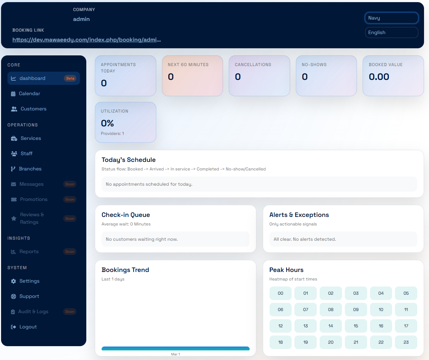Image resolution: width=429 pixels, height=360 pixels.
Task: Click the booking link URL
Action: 87,40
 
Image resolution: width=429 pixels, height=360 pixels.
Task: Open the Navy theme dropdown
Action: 391,18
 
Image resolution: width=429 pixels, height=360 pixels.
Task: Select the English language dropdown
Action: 391,33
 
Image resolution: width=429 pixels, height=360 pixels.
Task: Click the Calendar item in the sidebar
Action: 29,94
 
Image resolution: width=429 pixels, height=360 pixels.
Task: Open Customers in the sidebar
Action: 33,109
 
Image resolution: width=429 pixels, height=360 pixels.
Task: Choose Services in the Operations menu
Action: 31,138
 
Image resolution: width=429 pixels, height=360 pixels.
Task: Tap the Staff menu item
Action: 26,154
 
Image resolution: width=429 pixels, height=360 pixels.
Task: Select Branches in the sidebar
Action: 30,169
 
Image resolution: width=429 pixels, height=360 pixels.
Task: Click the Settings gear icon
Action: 13,281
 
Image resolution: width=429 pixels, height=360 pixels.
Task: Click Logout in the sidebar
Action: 28,327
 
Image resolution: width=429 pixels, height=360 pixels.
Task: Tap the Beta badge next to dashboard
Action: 70,78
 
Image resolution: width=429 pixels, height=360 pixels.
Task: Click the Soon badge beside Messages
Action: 70,184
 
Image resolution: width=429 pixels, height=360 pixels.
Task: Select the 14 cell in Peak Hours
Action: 331,326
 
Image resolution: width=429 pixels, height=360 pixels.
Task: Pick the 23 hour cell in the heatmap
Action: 406,342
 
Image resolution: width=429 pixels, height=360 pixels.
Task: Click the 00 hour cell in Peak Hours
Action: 281,293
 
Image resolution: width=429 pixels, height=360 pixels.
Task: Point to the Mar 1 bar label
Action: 175,354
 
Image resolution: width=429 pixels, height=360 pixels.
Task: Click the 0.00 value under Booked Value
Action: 379,77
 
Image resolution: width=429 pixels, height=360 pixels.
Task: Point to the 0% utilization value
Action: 107,123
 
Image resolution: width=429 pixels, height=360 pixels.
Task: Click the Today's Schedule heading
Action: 129,160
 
